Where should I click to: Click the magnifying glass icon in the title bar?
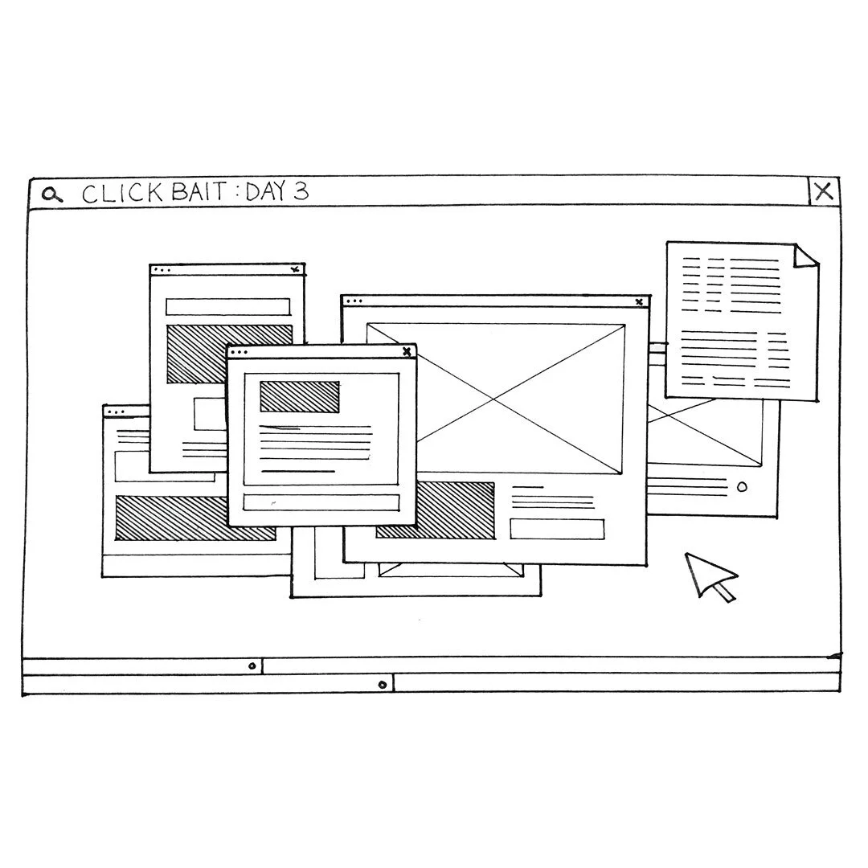pos(52,194)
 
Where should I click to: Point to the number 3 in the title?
pos(300,191)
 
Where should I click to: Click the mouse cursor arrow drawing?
pos(706,574)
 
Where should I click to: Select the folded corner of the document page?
pos(806,255)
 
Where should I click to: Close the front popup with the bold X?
pos(407,351)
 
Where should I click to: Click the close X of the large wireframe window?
pos(639,302)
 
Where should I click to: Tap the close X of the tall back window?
pos(295,270)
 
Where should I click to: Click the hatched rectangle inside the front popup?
pos(299,396)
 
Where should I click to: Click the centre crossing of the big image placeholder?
pos(494,398)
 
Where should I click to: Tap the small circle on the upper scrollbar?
pos(252,665)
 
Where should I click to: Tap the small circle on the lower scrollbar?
pos(383,685)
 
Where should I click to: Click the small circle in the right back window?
pos(742,486)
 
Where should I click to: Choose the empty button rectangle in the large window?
pos(556,529)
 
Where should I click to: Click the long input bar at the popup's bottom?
pos(321,502)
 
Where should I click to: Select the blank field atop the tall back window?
pos(227,306)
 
